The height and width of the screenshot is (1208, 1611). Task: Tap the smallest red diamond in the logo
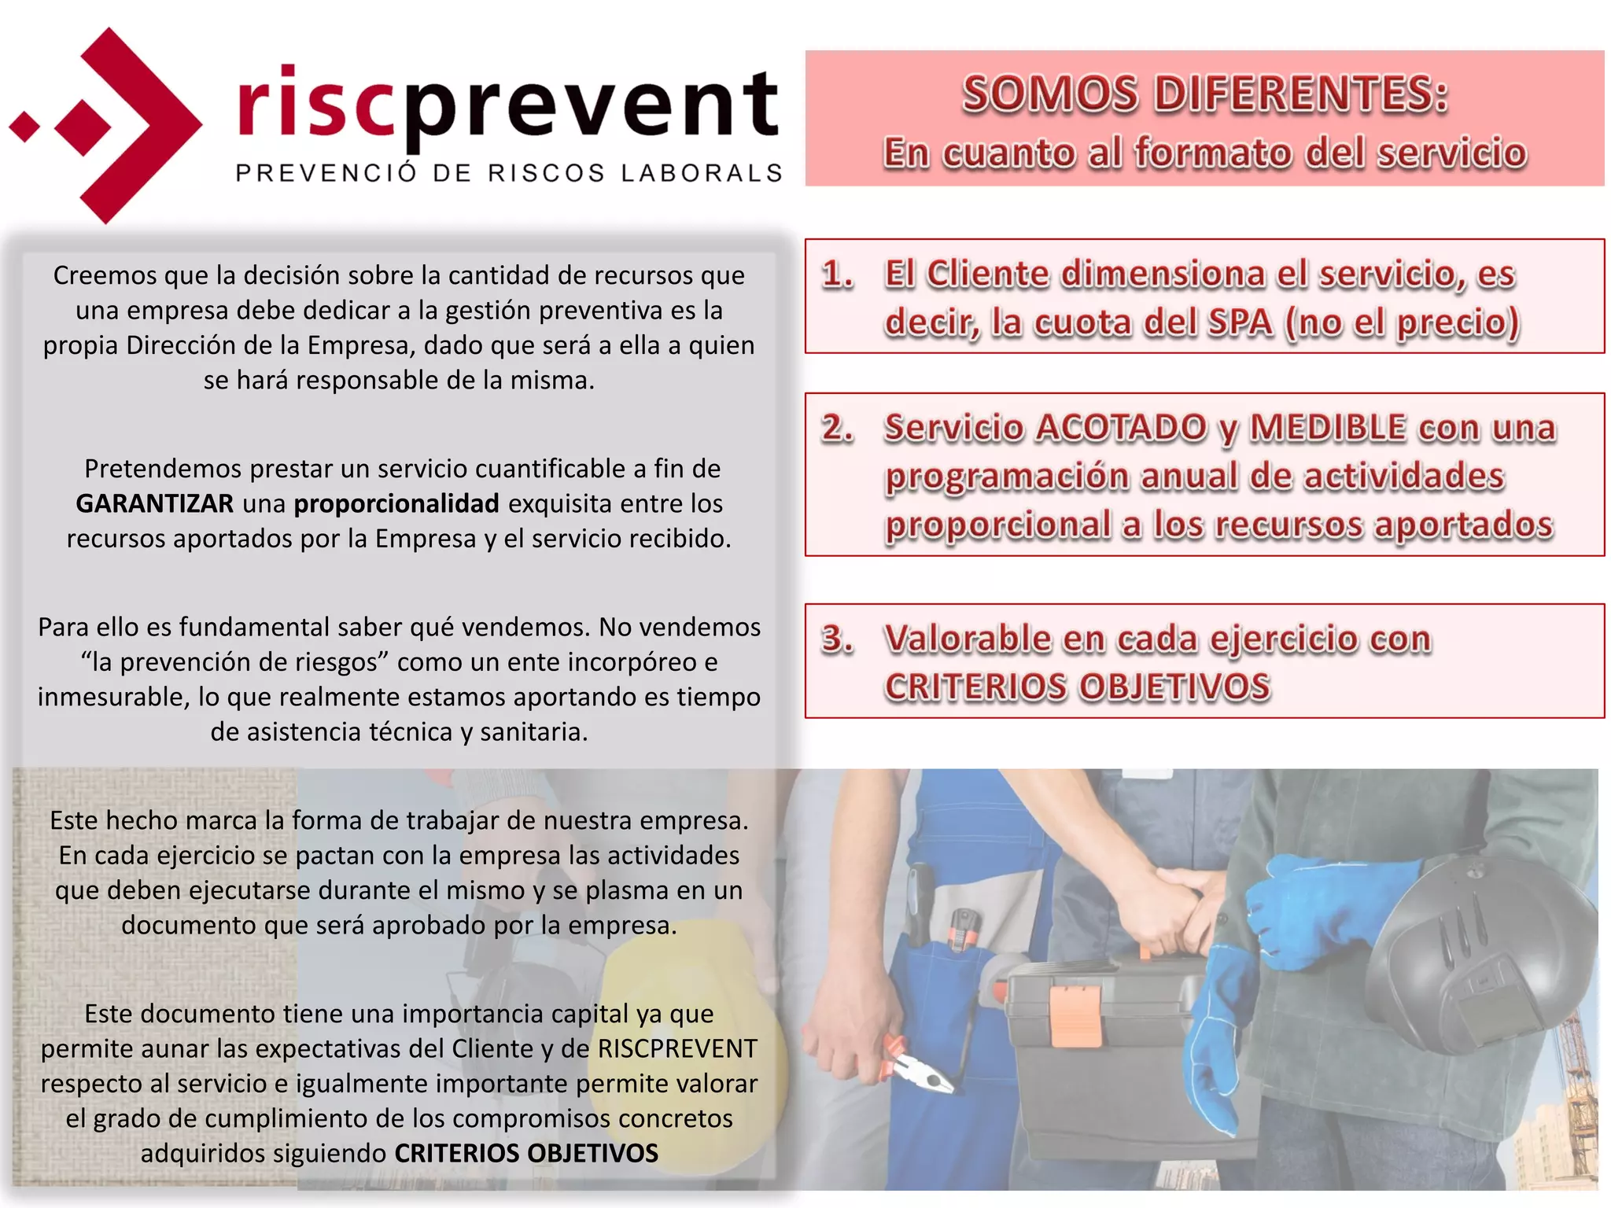25,126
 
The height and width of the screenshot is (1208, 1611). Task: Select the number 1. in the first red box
837,274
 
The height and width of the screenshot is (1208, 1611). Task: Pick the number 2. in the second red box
837,429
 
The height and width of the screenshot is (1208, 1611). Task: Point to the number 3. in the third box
837,639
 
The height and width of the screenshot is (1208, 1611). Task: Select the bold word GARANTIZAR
154,503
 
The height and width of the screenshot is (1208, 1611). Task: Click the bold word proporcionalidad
396,503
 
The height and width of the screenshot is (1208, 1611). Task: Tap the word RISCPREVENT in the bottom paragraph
677,1048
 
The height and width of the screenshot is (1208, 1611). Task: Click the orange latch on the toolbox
1075,1015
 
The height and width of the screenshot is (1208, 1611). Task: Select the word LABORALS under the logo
702,173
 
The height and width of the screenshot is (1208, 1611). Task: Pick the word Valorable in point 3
967,639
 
